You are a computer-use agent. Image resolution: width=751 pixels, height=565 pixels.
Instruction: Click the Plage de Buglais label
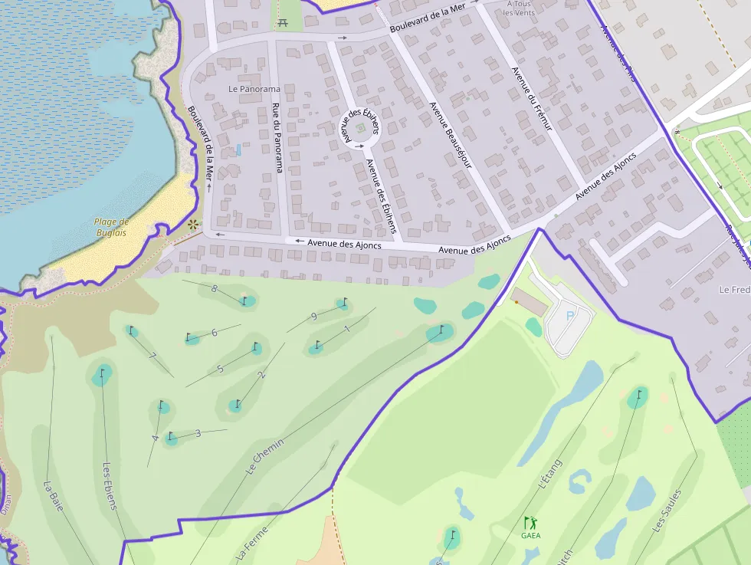(111, 227)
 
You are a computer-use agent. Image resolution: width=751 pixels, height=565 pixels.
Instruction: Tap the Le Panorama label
(254, 89)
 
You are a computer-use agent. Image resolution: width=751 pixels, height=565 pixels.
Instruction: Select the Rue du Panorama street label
(277, 138)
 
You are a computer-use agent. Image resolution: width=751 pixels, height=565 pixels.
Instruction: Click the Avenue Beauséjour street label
(450, 135)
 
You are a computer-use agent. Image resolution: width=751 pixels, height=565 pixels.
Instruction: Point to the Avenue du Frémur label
(531, 99)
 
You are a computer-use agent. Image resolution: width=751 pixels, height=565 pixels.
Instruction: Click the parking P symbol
(569, 315)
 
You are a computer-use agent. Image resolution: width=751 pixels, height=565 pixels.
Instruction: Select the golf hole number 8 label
(215, 289)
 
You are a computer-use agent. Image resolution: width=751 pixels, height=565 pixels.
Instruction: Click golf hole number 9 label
(314, 317)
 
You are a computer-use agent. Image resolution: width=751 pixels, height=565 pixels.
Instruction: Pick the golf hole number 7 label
(153, 356)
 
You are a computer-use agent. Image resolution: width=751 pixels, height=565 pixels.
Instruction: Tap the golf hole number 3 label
(198, 433)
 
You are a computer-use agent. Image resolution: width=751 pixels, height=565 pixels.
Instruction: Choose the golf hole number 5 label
(220, 369)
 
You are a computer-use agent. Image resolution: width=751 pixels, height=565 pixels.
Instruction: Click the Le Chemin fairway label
(266, 456)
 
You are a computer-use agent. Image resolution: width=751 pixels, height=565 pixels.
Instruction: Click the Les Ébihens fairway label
(110, 485)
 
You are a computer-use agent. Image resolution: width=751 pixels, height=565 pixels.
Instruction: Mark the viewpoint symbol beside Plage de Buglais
(192, 225)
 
